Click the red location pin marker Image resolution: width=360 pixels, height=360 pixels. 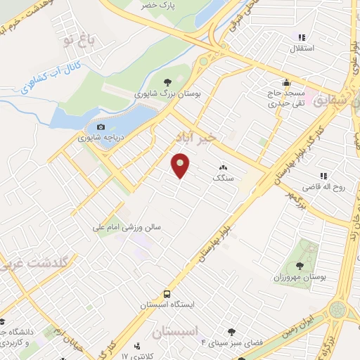tap(180, 165)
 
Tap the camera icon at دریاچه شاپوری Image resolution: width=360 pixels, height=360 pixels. tap(101, 127)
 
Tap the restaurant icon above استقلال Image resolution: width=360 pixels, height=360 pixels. tap(302, 38)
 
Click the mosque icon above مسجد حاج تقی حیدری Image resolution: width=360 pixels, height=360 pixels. tap(286, 82)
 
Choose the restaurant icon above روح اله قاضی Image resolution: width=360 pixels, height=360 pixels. tap(323, 176)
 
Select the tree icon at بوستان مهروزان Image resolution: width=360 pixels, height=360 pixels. tap(300, 266)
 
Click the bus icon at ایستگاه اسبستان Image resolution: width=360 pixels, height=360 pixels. tap(167, 294)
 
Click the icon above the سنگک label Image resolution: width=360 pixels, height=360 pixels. tap(224, 168)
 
